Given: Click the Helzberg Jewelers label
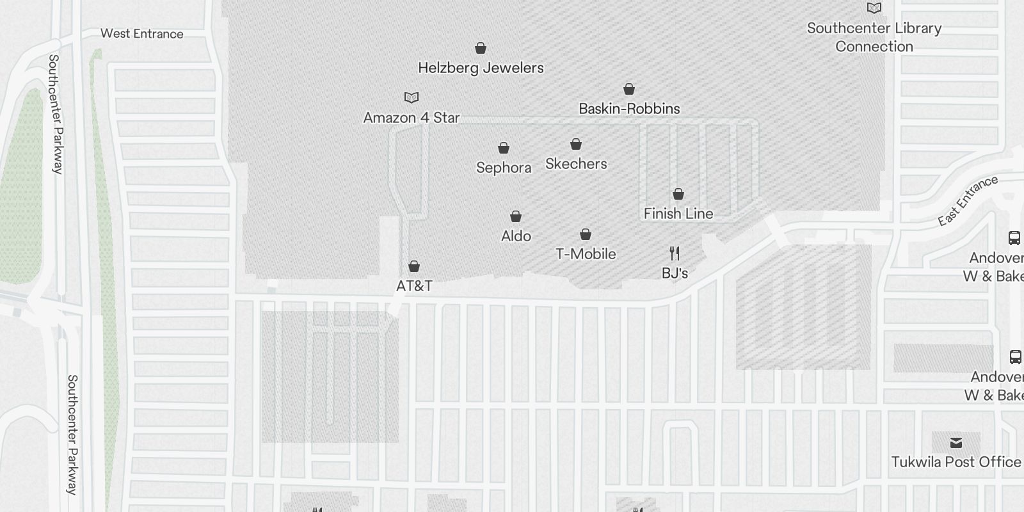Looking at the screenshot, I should (481, 68).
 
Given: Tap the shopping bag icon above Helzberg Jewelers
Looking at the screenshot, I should (481, 48).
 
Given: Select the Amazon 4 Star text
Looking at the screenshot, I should (412, 118).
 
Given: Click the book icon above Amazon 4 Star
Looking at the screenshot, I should (412, 97).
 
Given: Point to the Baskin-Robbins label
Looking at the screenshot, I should (629, 109).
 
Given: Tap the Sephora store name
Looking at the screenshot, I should (504, 168).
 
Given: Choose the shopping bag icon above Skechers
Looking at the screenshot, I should (576, 144).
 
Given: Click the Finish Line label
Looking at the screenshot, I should (678, 214).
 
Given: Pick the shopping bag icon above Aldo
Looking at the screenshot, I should (516, 216).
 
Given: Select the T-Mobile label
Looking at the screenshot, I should (586, 254).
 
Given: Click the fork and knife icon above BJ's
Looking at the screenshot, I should (675, 253).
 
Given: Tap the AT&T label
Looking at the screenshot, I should (414, 286).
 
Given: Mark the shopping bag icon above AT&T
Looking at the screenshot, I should (414, 266).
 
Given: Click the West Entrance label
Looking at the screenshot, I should (142, 34).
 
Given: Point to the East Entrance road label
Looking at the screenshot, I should (968, 200).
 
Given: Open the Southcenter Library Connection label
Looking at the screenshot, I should (874, 37).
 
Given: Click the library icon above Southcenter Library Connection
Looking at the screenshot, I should (874, 8).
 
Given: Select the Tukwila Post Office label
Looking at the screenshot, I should (956, 462).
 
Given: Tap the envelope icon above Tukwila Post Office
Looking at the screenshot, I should (956, 443).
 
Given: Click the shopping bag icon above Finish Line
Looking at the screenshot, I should (678, 194).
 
